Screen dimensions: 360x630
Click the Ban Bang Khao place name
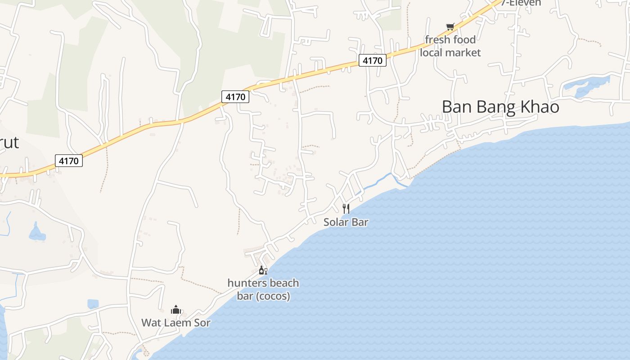[500, 107]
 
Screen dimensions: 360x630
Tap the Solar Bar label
[346, 222]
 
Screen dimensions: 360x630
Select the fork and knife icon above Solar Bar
[346, 208]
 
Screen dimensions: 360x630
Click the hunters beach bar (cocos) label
[263, 289]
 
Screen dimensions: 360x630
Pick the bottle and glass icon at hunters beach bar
[263, 270]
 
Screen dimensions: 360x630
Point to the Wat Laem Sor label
[176, 323]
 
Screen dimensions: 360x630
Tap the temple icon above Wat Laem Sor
[176, 310]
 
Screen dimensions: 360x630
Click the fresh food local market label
[450, 46]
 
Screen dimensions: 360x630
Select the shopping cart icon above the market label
[450, 27]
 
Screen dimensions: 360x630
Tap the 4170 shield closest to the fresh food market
[373, 60]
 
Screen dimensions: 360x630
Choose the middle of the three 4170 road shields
[235, 96]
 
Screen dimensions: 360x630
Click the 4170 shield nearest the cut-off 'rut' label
[69, 161]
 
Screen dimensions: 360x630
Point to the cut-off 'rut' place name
[9, 143]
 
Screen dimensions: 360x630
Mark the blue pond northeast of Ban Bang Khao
[585, 86]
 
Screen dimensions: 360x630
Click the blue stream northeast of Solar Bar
[380, 181]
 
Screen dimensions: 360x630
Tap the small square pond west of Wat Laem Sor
[93, 304]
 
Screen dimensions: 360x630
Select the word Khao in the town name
[540, 107]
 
